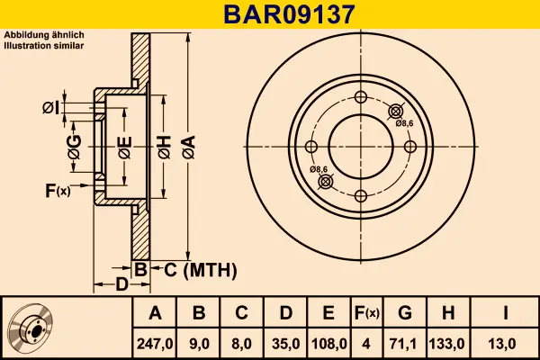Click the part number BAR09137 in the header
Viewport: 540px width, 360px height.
pyautogui.click(x=289, y=14)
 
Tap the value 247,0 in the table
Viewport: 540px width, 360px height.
pyautogui.click(x=155, y=344)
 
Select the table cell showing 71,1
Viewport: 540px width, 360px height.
pyautogui.click(x=404, y=344)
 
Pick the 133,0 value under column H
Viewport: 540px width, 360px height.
pyautogui.click(x=447, y=344)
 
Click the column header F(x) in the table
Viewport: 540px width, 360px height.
pyautogui.click(x=366, y=313)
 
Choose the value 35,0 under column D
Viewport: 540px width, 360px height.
pyautogui.click(x=285, y=344)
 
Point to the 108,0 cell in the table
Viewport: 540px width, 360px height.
pyautogui.click(x=328, y=344)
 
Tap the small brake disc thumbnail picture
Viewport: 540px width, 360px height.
pyautogui.click(x=31, y=328)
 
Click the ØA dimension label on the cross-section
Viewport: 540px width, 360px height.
pyautogui.click(x=189, y=147)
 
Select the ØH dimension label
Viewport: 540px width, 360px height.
pyautogui.click(x=165, y=147)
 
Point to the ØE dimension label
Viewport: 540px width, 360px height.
pyautogui.click(x=125, y=148)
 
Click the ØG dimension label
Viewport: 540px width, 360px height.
pyautogui.click(x=74, y=147)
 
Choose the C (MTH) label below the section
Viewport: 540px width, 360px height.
pyautogui.click(x=200, y=270)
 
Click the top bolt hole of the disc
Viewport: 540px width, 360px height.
pyautogui.click(x=361, y=97)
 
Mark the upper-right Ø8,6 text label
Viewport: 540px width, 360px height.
pyautogui.click(x=404, y=123)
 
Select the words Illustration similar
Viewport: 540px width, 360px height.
pyautogui.click(x=44, y=46)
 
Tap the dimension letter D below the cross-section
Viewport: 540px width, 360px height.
pyautogui.click(x=121, y=284)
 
